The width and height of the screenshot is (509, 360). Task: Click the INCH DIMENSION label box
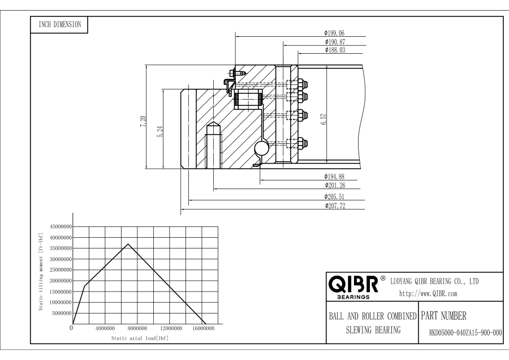58,24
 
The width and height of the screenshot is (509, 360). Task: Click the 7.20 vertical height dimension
143,121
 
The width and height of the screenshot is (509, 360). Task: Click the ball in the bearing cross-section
262,148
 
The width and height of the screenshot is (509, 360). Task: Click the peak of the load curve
128,244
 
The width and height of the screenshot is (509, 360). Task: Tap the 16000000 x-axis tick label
202,328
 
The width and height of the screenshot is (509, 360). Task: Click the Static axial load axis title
140,338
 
